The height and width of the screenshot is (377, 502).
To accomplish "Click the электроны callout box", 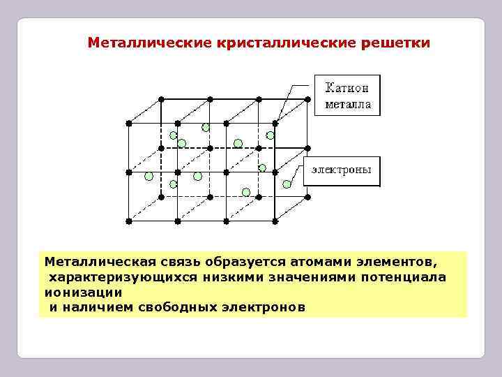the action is (x=341, y=170).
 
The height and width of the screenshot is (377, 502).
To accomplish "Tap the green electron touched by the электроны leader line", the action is (x=287, y=184).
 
